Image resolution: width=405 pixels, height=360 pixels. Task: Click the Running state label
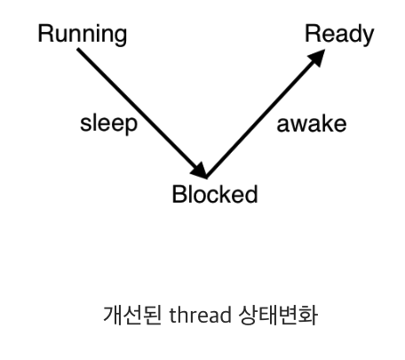[x=83, y=35]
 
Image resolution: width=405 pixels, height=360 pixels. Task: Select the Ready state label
[x=339, y=35]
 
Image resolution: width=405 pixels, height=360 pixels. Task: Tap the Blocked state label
[x=215, y=194]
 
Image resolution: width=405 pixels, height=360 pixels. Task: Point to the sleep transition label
[x=109, y=124]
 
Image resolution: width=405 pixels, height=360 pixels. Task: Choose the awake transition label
[x=312, y=124]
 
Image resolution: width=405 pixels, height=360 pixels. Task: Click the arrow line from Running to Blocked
[x=142, y=114]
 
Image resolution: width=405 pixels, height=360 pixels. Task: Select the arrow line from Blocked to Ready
[x=266, y=114]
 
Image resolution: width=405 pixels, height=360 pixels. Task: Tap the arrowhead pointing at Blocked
[x=200, y=171]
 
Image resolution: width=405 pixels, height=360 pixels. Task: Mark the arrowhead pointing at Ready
[x=317, y=57]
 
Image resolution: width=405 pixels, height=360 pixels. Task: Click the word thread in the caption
[x=200, y=315]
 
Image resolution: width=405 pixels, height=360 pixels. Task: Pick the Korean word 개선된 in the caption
[x=132, y=316]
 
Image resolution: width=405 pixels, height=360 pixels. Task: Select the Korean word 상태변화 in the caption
[x=278, y=316]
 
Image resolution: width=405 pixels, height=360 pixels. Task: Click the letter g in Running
[x=120, y=37]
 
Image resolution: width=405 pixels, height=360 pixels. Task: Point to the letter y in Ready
[x=368, y=37]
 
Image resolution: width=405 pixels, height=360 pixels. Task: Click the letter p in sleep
[x=131, y=126]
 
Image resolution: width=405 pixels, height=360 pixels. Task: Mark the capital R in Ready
[x=313, y=33]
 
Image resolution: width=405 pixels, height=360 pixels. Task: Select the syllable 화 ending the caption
[x=308, y=316]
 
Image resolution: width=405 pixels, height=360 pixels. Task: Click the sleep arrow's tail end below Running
[x=78, y=50]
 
